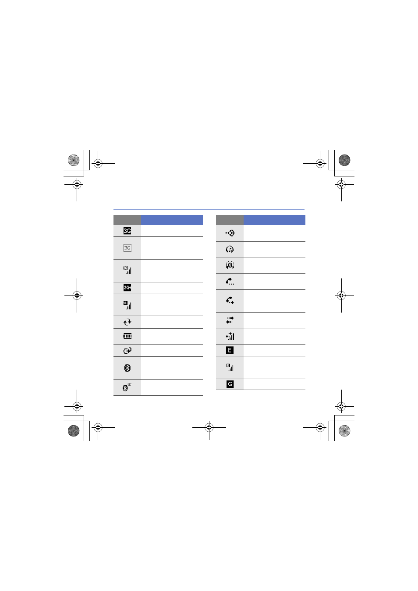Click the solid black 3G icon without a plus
click(x=127, y=231)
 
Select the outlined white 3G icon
click(x=127, y=248)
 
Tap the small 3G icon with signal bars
click(x=127, y=270)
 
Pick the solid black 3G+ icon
click(x=127, y=287)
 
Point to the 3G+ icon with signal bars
click(x=127, y=305)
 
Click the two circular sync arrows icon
click(x=127, y=322)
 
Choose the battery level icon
click(x=127, y=336)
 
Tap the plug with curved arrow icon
click(x=127, y=350)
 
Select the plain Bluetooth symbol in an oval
click(x=127, y=368)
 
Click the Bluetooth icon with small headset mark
click(x=127, y=387)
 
